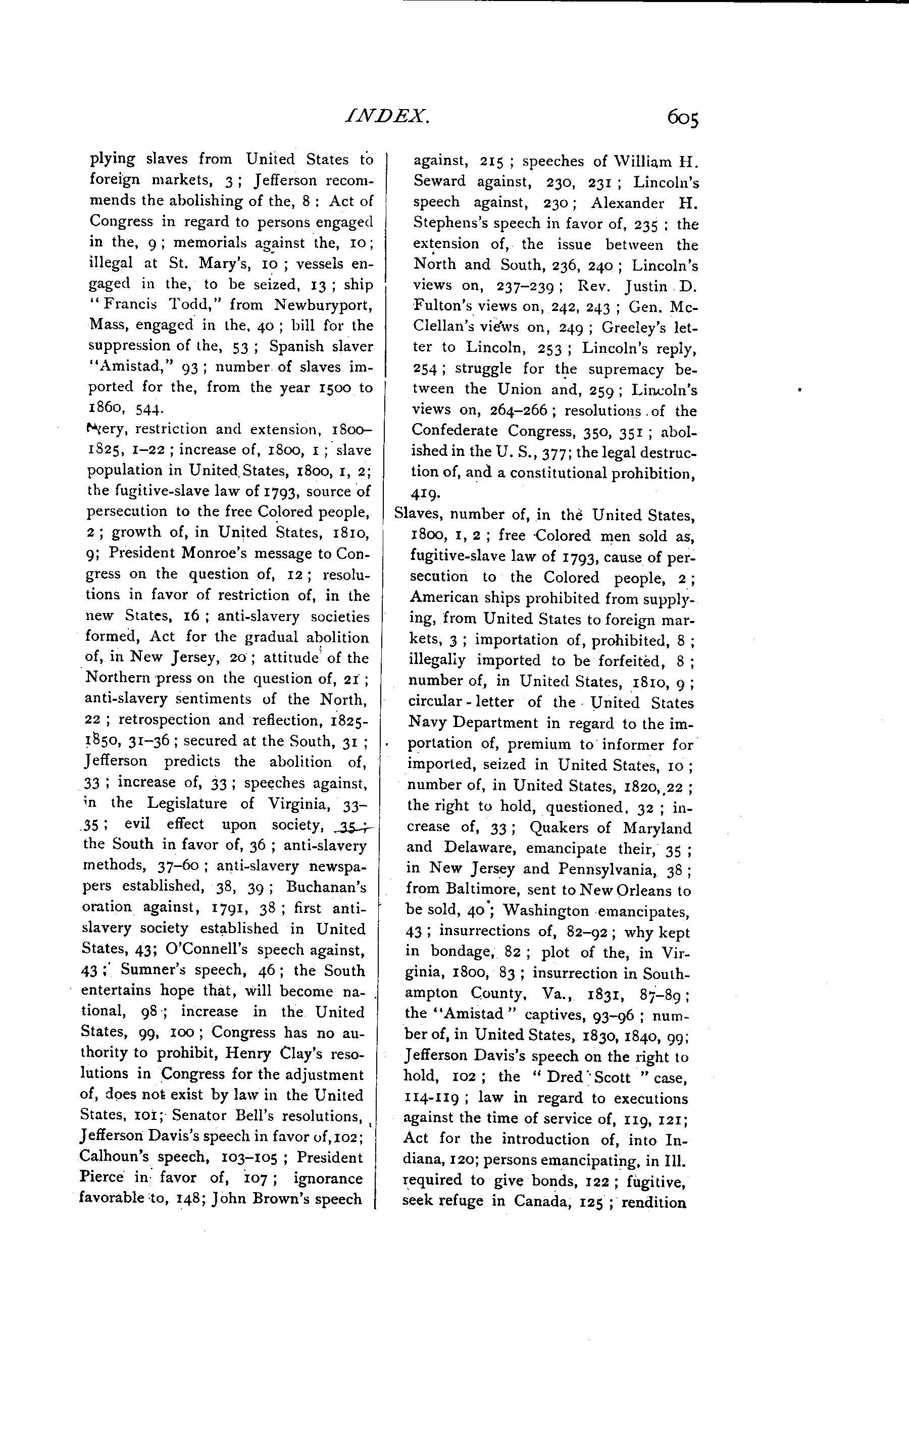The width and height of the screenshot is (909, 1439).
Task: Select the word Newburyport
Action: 324,305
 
